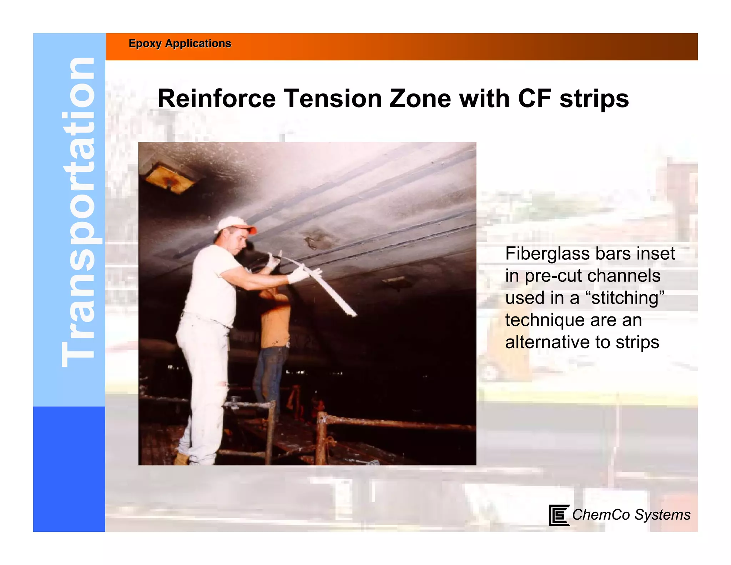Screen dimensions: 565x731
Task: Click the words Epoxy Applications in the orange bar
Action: tap(180, 44)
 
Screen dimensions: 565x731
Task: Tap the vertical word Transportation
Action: tap(78, 212)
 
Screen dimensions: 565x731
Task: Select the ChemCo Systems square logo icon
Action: tap(559, 515)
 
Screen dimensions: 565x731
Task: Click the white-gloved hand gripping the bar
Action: tap(298, 275)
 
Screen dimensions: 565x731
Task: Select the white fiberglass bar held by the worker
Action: tap(332, 293)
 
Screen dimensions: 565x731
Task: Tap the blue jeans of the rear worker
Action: tap(269, 371)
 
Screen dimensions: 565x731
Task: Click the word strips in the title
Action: tap(594, 99)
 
